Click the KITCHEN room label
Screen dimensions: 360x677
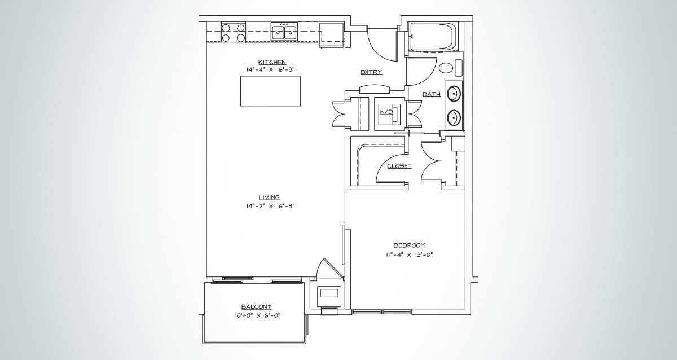(x=271, y=62)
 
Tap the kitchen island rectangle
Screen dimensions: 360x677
(x=270, y=90)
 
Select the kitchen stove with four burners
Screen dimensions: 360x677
(x=233, y=33)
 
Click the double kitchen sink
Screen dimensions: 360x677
(x=284, y=32)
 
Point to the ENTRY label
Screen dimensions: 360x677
(x=371, y=72)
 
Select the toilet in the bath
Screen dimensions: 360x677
(x=447, y=69)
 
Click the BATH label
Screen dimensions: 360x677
(x=432, y=95)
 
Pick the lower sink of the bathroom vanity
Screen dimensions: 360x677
(x=454, y=117)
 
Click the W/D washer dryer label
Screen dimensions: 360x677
(x=386, y=112)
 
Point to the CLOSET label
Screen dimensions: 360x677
(x=399, y=166)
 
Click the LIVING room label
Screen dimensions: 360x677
(x=270, y=197)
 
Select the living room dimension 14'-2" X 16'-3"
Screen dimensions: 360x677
(x=270, y=206)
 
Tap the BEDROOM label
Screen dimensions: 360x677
(x=409, y=245)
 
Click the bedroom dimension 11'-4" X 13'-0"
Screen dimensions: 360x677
(x=409, y=254)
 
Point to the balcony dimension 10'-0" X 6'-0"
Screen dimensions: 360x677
(x=257, y=315)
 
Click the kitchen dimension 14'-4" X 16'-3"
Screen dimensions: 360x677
(x=271, y=69)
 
